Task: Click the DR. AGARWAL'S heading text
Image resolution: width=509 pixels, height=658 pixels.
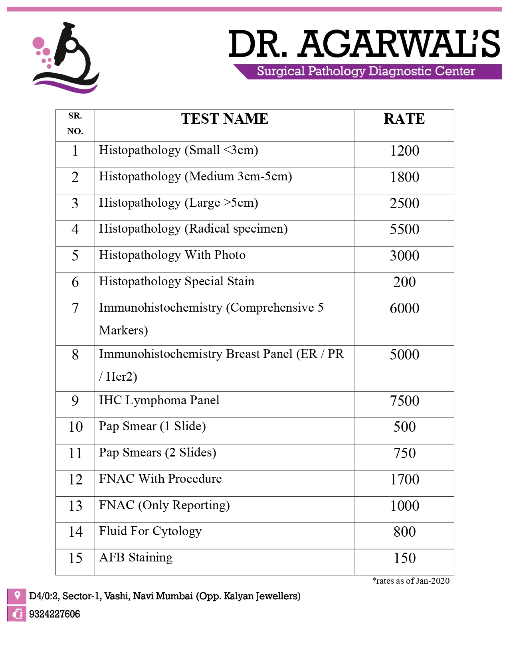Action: coord(364,44)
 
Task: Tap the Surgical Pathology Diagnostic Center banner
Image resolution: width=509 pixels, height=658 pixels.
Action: coord(366,71)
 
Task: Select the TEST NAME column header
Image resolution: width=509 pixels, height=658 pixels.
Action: coord(225,119)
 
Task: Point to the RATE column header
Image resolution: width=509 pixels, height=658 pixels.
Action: coord(404,119)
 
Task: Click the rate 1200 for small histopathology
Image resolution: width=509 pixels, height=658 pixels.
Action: coord(404,151)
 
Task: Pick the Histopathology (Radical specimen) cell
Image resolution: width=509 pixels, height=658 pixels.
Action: coord(193,229)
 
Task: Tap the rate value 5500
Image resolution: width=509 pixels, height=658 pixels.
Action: coord(404,229)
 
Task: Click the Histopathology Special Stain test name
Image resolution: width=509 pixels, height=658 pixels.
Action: coord(176,282)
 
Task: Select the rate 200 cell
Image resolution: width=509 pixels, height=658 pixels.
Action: coord(404,282)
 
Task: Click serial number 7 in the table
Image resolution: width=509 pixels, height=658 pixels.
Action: coord(75,308)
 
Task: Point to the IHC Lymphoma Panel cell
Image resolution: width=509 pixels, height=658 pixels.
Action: coord(159,400)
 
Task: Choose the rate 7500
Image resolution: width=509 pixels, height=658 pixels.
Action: coord(404,401)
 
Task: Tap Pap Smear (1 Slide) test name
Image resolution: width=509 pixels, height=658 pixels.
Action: coord(153,427)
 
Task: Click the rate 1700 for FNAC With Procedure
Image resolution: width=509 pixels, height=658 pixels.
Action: coord(404,480)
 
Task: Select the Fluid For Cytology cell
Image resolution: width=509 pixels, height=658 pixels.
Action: coord(150,532)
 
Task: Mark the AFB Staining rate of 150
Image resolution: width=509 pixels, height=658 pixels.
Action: coord(404,558)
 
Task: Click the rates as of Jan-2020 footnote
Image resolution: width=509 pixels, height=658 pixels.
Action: coord(411,581)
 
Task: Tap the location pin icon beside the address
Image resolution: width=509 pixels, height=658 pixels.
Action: coord(17,596)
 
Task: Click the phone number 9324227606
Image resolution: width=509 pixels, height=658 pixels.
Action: coord(55,614)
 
